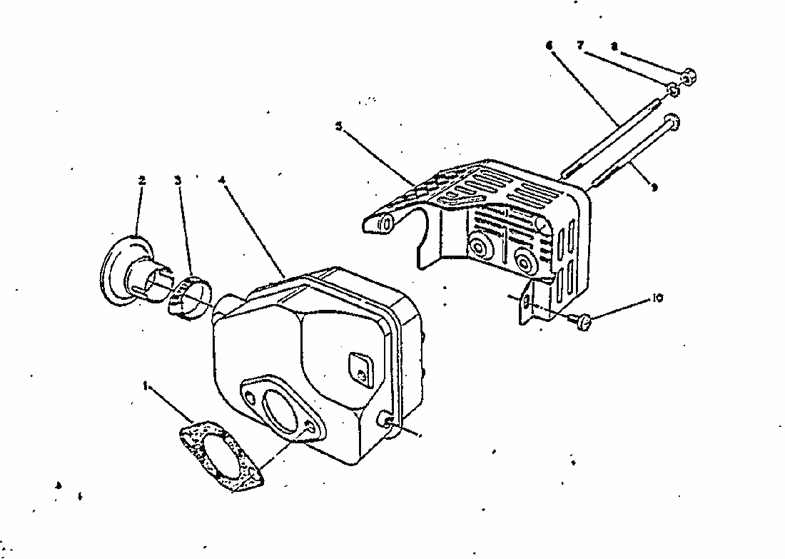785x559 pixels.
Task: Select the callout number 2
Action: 141,181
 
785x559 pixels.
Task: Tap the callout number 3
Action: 178,181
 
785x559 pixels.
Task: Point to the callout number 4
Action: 223,181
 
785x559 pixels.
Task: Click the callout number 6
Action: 549,44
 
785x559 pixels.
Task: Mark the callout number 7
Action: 580,44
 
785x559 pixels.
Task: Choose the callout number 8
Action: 614,46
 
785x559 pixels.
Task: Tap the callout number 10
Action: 657,298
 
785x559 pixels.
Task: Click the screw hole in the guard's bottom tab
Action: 527,305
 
